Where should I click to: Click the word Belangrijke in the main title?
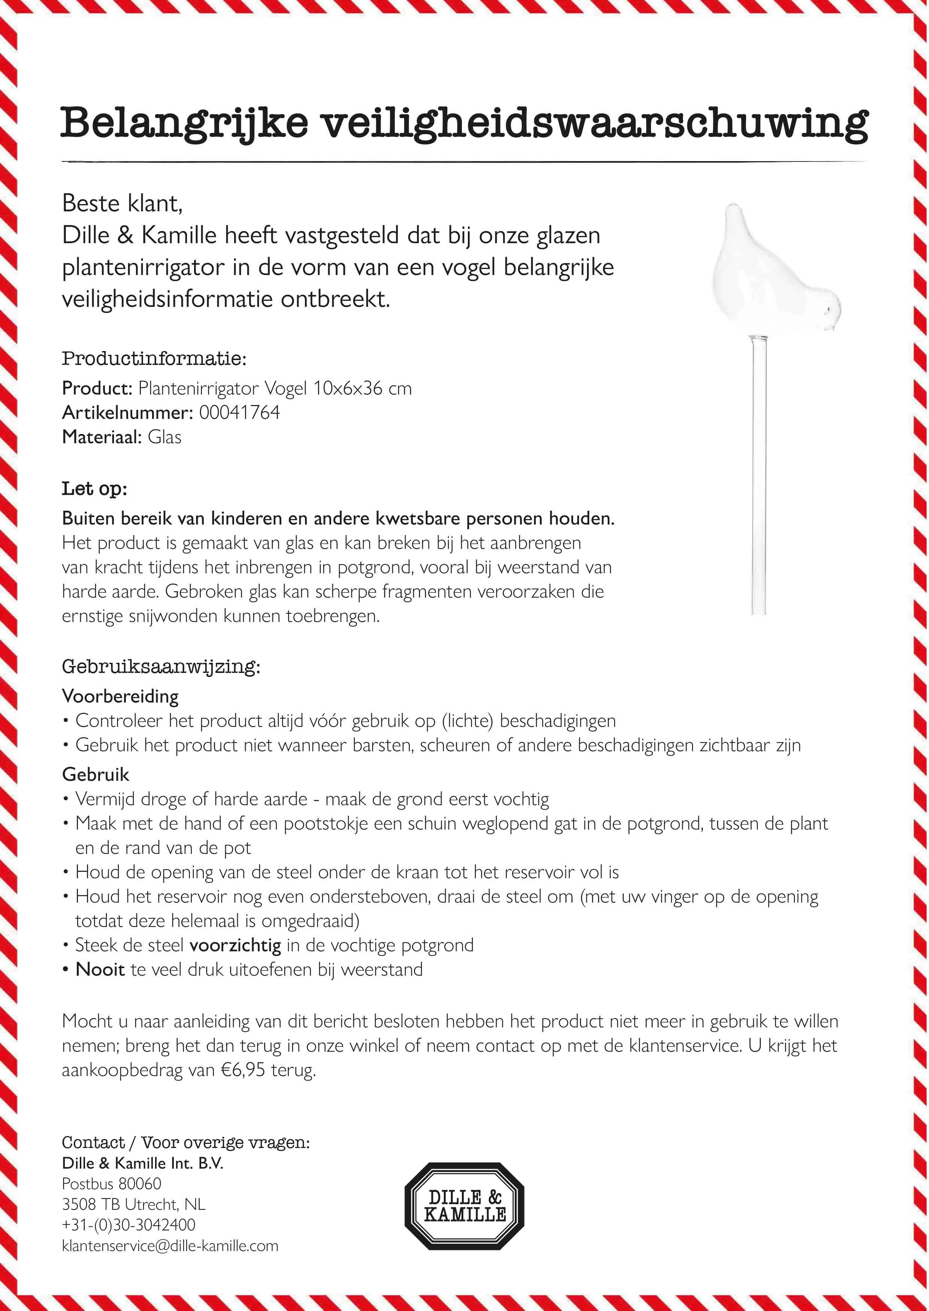(x=184, y=123)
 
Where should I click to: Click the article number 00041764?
(x=239, y=413)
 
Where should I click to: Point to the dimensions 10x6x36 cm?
(x=362, y=389)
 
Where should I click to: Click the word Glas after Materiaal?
(x=165, y=437)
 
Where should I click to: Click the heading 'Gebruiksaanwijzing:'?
(x=161, y=667)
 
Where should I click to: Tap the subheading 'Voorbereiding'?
(x=120, y=697)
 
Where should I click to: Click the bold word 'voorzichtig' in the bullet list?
(x=235, y=945)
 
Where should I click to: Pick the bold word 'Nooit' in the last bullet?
(x=100, y=969)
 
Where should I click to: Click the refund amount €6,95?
(x=242, y=1070)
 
